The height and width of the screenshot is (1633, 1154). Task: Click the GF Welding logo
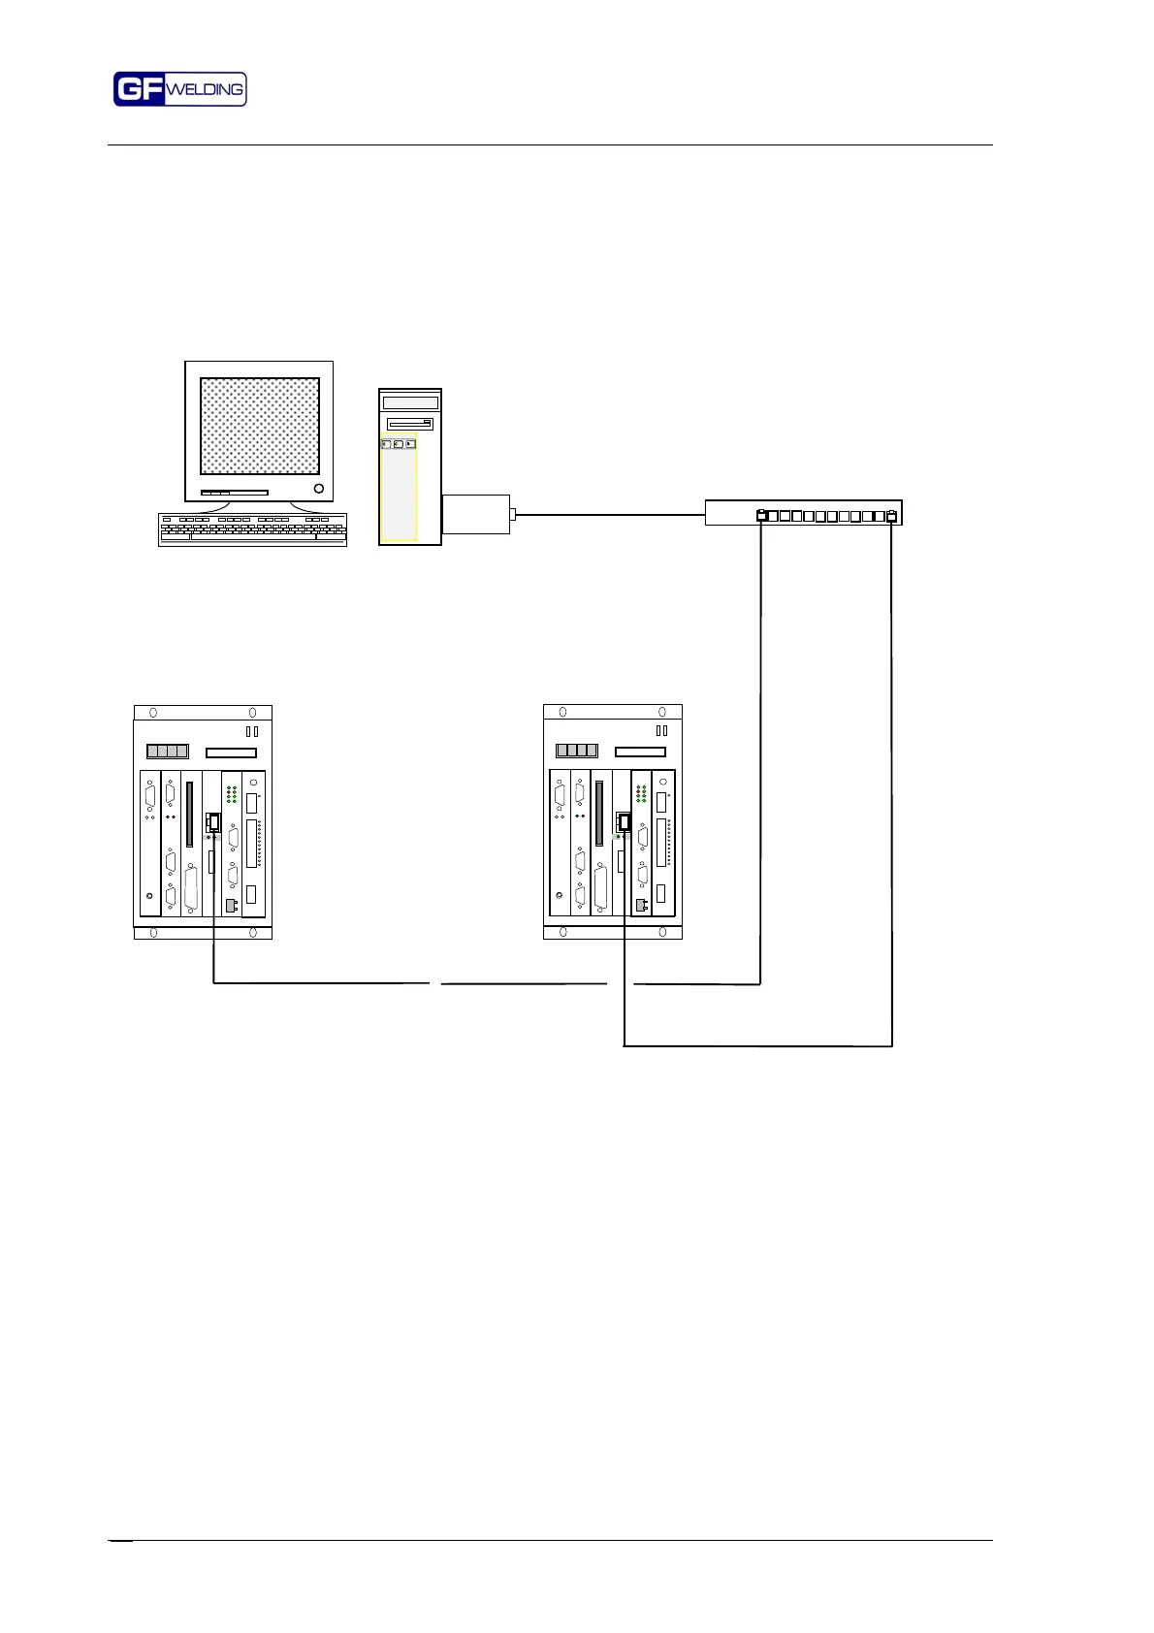coord(179,89)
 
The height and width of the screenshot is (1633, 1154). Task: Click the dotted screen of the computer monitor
coord(259,426)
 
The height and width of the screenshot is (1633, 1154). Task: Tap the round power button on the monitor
coord(319,488)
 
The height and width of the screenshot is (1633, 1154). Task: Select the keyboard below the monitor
coord(252,529)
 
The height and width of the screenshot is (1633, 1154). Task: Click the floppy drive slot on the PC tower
coord(409,424)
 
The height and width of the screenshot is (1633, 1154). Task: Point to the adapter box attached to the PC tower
coord(475,514)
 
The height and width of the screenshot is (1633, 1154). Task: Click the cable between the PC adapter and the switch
coord(611,515)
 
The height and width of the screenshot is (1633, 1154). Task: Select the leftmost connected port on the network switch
coord(762,516)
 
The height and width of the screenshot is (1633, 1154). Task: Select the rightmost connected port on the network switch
coord(892,516)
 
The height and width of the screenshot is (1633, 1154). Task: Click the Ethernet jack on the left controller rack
coord(214,823)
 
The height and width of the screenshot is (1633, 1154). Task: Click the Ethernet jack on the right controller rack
coord(624,823)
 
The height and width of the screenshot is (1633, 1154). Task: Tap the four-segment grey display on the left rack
coord(167,751)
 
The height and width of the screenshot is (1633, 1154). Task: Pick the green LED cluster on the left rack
coord(232,794)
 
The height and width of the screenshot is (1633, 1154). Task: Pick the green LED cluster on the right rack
coord(641,794)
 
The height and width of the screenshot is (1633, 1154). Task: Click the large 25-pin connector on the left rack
coord(191,888)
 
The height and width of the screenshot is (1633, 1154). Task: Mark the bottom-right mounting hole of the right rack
coord(662,932)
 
